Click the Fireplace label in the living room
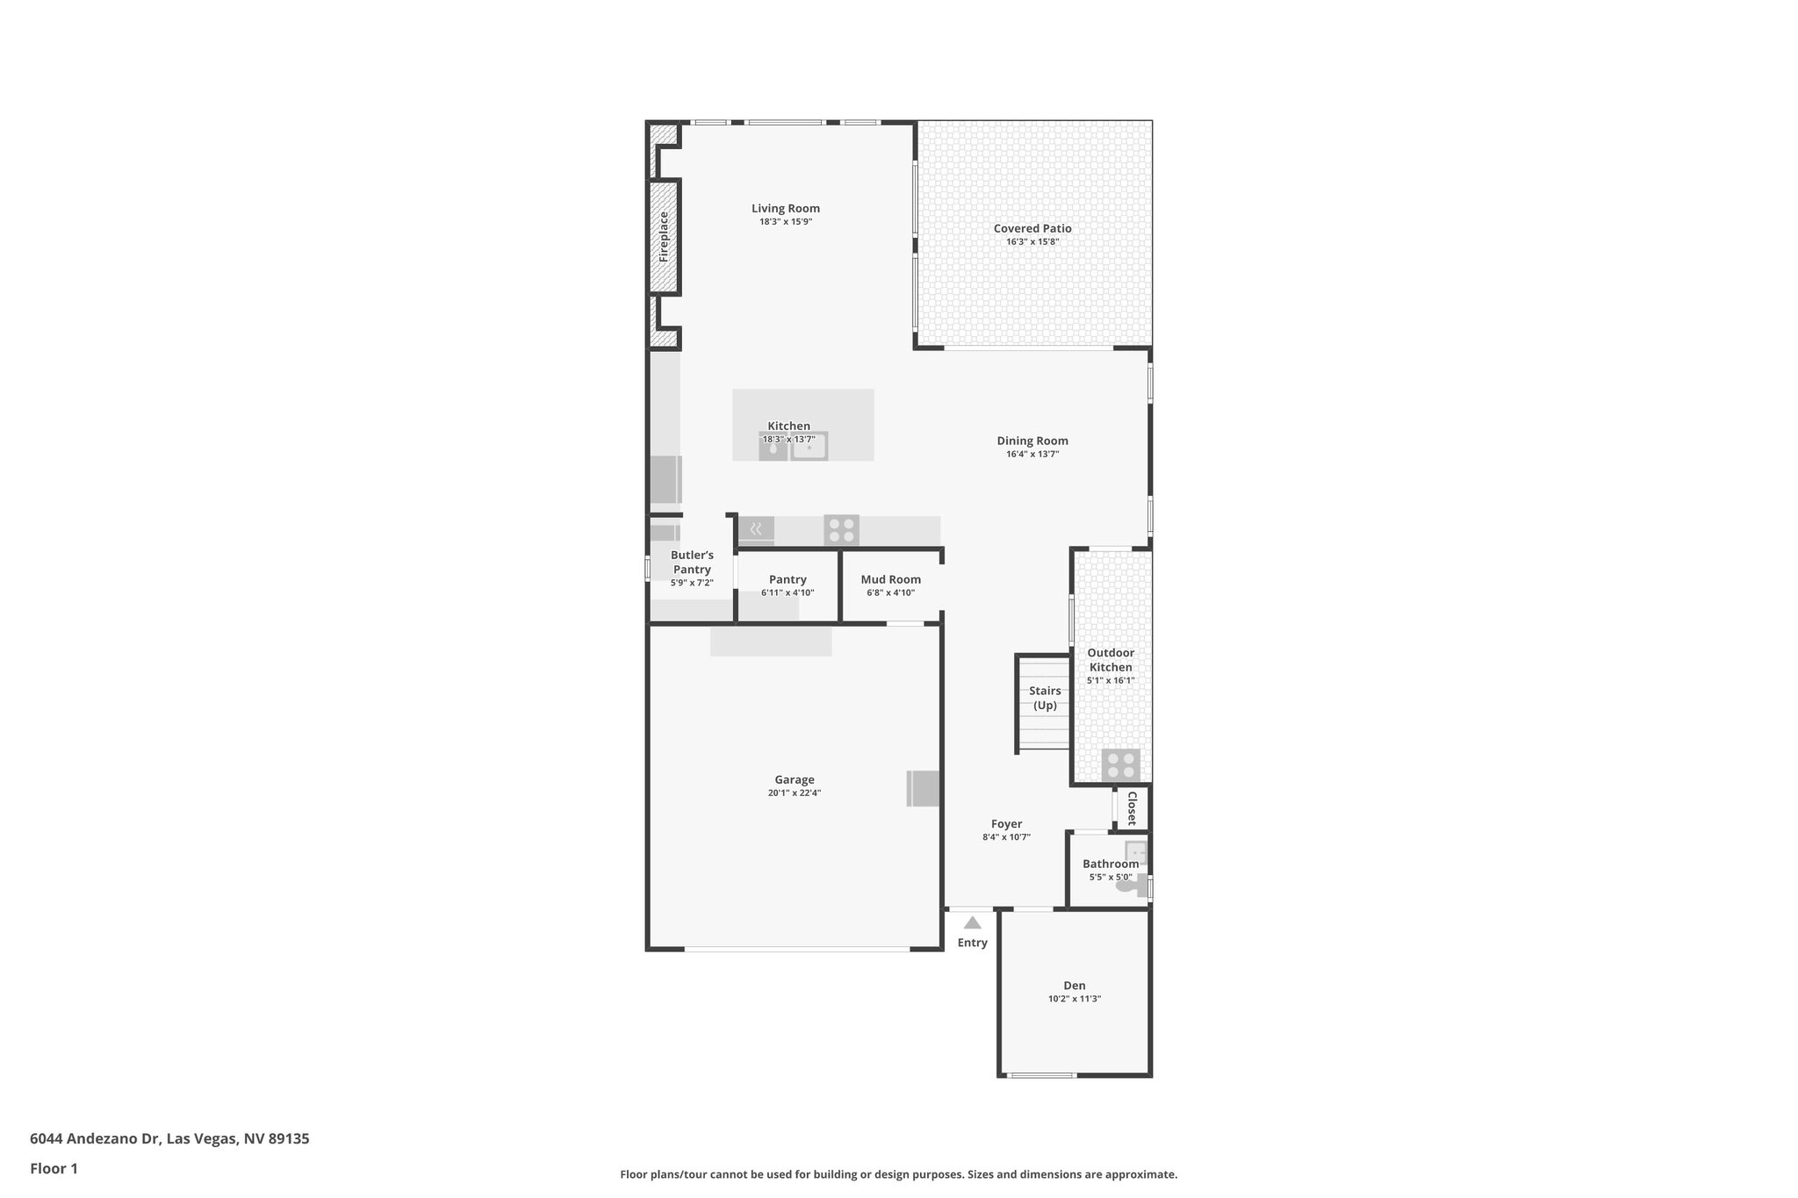point(664,237)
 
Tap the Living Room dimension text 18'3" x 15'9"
point(786,222)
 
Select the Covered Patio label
point(1032,228)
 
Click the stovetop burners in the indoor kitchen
point(841,530)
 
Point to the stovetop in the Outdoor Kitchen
point(1121,765)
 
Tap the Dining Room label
point(1032,441)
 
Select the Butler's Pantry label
point(692,562)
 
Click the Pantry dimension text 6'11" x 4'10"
point(788,592)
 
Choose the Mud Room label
point(890,579)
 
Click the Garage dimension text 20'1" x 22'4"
point(794,793)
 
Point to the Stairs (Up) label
point(1045,698)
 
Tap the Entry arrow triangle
point(972,922)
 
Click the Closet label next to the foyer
point(1132,808)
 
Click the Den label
point(1074,986)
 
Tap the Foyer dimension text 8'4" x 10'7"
point(1006,837)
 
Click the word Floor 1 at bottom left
point(54,1168)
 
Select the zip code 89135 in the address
point(289,1139)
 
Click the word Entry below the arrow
point(972,943)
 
